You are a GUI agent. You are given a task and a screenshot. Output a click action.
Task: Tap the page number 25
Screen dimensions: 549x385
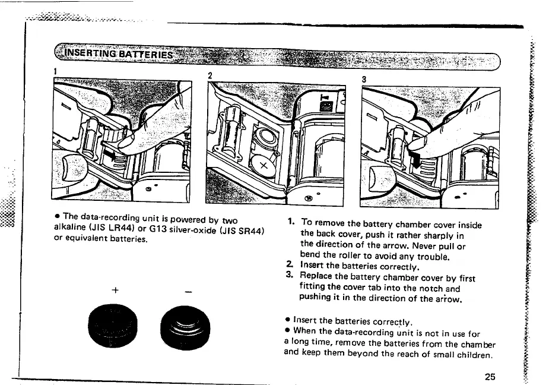point(490,376)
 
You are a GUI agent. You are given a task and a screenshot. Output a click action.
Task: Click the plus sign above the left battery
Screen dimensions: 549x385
point(112,290)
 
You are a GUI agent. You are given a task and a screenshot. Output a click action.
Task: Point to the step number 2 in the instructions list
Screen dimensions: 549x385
point(289,267)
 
